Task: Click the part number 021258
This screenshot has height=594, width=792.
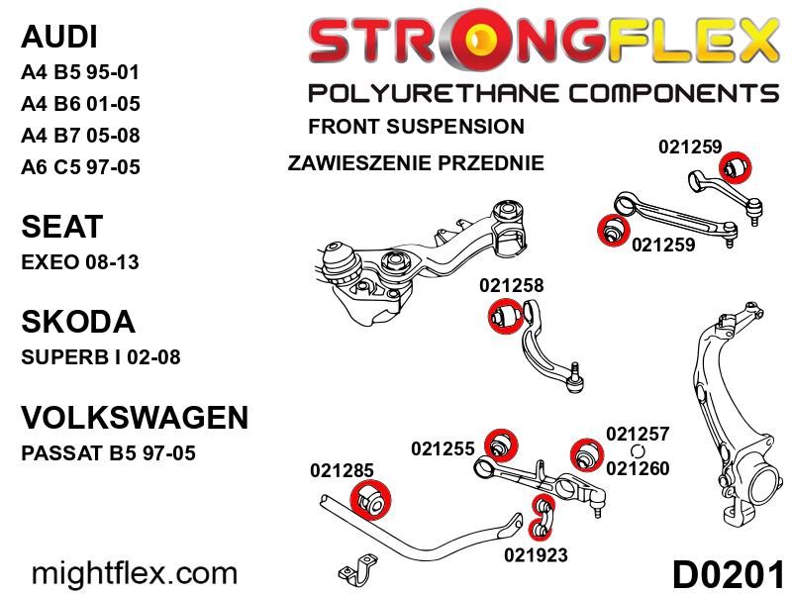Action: tap(511, 285)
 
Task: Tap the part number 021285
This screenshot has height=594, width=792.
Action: tap(342, 470)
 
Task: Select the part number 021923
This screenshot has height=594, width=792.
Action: tap(536, 555)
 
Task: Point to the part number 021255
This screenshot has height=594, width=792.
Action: tap(443, 448)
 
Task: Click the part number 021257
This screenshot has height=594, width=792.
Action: tap(638, 434)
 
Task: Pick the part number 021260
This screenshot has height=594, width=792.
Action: tap(638, 468)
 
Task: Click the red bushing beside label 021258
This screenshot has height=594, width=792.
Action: tap(506, 316)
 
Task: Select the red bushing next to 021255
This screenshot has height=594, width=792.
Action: tap(501, 445)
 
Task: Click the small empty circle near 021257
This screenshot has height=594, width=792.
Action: tap(639, 451)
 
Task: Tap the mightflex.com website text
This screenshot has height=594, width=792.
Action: tap(135, 574)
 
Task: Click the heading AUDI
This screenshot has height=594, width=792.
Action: tap(58, 37)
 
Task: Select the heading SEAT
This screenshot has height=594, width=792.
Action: tap(62, 227)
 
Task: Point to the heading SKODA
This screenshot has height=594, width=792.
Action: tap(78, 322)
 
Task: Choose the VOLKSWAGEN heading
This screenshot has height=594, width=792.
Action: tap(135, 417)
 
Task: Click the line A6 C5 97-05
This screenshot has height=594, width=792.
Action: tap(80, 167)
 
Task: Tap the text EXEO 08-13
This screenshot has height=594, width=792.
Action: tap(80, 262)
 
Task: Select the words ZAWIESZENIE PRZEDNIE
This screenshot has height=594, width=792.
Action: tap(416, 163)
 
